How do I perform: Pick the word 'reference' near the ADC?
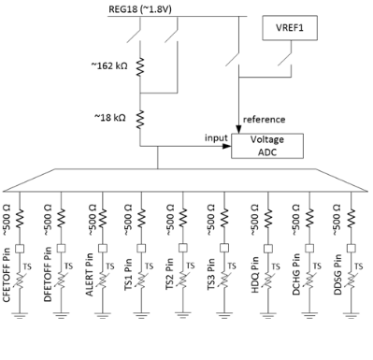[264, 119]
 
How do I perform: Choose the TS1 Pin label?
[131, 279]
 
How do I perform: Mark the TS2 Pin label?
[172, 279]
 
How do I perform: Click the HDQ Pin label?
[254, 278]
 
